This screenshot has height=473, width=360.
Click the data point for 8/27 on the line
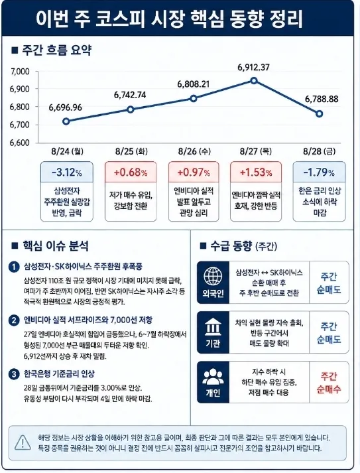(254, 80)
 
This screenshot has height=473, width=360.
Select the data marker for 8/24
(66, 121)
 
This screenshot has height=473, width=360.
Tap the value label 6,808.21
(194, 84)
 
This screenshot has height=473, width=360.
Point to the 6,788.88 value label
(322, 100)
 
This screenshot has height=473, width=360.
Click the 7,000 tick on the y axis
(20, 72)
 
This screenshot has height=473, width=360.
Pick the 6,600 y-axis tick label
(20, 143)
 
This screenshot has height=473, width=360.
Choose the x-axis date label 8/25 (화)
(131, 151)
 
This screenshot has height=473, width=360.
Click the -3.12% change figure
(67, 172)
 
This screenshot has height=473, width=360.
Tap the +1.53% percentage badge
(256, 172)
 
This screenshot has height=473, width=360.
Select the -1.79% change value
(319, 172)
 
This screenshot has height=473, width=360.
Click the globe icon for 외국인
(213, 276)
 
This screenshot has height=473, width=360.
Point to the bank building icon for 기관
(213, 327)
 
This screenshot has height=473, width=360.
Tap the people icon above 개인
(213, 376)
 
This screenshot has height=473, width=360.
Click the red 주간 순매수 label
(329, 383)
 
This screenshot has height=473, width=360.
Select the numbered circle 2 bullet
(14, 320)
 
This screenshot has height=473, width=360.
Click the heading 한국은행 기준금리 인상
(59, 373)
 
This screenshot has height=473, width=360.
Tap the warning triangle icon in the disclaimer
(23, 442)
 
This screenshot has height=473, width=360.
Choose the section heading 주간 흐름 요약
(56, 50)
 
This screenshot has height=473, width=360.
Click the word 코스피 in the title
(120, 19)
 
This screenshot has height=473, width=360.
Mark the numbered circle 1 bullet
(14, 267)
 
